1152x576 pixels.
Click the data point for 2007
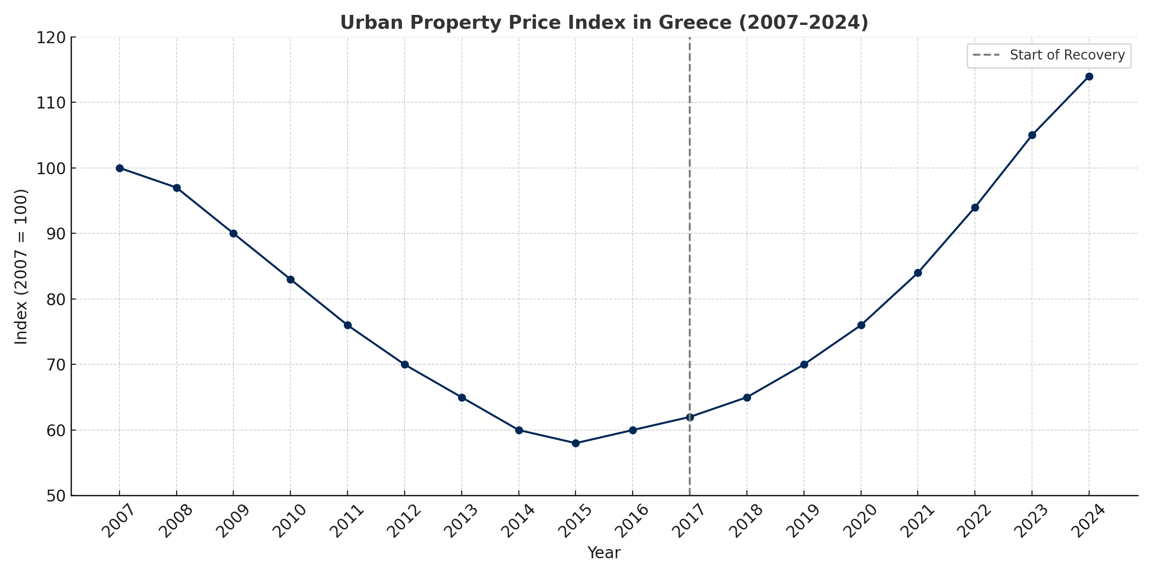[x=120, y=168]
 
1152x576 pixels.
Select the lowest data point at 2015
[x=576, y=443]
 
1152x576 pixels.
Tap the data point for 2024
[x=1089, y=76]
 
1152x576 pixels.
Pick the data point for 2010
[x=290, y=279]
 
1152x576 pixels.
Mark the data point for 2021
[x=918, y=273]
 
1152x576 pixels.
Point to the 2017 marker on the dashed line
[x=690, y=417]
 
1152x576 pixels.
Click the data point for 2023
[x=1032, y=135]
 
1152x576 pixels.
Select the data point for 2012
[x=405, y=364]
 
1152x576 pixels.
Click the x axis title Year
[x=604, y=553]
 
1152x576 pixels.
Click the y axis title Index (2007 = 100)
[x=21, y=266]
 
